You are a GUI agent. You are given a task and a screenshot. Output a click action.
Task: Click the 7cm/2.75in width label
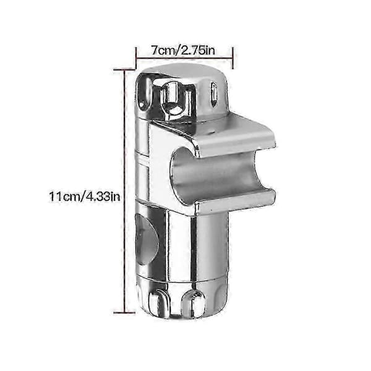click(x=183, y=51)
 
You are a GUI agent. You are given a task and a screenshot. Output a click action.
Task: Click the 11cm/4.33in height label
click(x=85, y=197)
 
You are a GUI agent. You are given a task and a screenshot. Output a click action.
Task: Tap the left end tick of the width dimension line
click(x=136, y=58)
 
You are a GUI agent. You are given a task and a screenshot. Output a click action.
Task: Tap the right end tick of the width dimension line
click(x=233, y=58)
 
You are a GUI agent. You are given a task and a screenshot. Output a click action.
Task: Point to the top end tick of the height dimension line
click(x=124, y=69)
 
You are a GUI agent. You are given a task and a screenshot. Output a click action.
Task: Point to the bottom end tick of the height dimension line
click(x=124, y=313)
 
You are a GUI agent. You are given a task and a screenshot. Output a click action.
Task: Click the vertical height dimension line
click(x=124, y=191)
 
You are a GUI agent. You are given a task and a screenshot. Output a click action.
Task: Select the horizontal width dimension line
click(x=184, y=58)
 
